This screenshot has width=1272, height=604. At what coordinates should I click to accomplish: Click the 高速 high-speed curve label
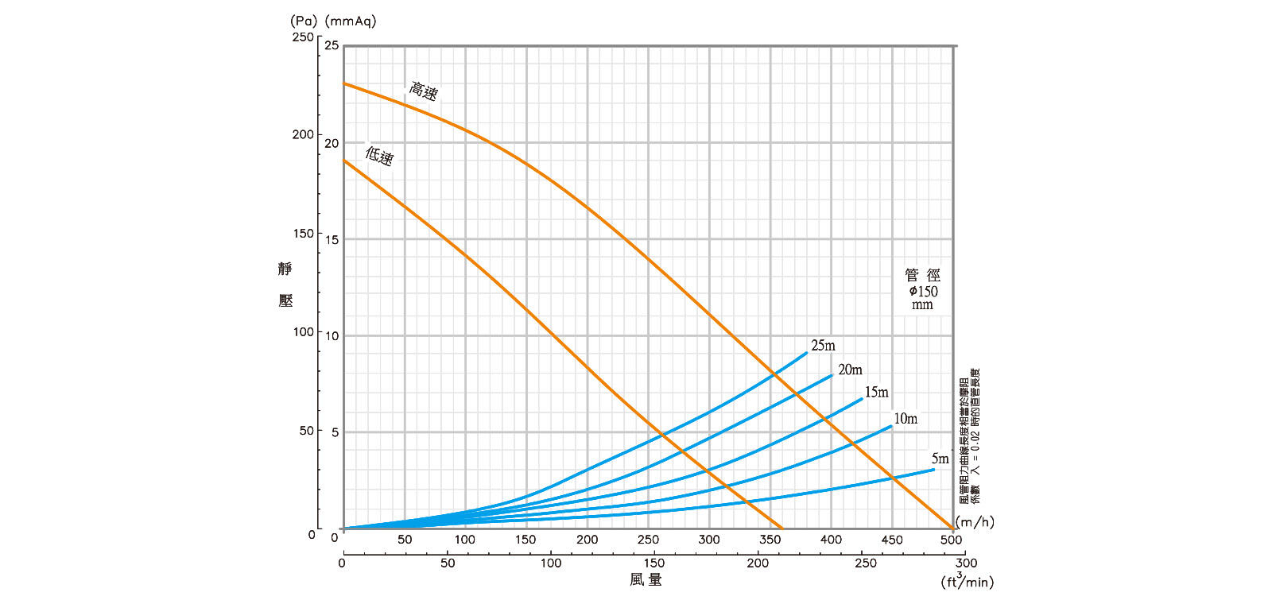424,91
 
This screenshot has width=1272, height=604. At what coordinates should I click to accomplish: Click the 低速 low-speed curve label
379,155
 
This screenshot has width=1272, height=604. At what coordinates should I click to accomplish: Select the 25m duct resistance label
823,346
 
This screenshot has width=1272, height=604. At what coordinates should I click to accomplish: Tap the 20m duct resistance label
850,370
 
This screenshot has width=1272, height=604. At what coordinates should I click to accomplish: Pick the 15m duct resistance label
876,392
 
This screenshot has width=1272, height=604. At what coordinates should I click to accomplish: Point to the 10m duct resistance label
905,419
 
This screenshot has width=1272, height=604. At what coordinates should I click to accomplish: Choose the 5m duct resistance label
940,459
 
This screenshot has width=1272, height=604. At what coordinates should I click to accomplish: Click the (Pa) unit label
304,21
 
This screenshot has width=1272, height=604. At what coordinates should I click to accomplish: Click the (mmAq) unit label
351,21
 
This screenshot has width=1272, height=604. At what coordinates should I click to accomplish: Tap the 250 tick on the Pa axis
303,37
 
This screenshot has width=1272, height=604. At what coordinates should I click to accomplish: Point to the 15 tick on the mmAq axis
332,239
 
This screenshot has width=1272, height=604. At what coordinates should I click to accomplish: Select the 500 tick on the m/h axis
952,540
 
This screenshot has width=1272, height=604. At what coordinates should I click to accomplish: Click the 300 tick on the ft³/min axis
966,563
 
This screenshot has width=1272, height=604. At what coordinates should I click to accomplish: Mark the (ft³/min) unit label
967,581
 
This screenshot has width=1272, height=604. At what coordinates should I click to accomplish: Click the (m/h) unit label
975,522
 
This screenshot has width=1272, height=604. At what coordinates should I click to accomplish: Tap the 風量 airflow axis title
646,580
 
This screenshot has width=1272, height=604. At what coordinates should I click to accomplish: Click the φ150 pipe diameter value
923,291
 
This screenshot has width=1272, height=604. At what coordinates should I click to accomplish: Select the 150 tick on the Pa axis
303,234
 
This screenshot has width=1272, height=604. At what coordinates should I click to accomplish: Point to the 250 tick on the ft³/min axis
865,563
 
